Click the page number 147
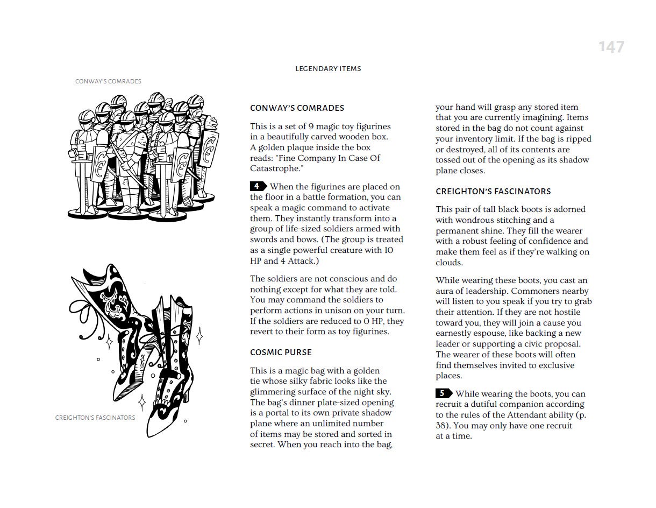click(x=611, y=47)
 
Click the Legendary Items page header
click(x=328, y=69)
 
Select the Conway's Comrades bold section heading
click(x=297, y=108)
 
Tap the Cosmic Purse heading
click(x=281, y=352)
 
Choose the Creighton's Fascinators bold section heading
click(x=493, y=192)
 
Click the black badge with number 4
click(x=258, y=187)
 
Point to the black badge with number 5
click(x=444, y=393)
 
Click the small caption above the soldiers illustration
click(x=108, y=82)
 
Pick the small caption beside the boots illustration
click(x=95, y=418)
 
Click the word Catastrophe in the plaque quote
click(x=274, y=169)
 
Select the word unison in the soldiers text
click(x=335, y=311)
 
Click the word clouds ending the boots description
click(x=448, y=263)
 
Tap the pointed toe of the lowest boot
click(x=151, y=431)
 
